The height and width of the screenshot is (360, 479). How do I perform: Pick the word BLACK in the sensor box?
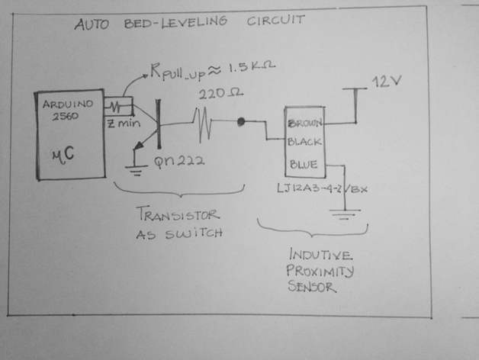pos(305,142)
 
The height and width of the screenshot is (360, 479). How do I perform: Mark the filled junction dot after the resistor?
pos(241,121)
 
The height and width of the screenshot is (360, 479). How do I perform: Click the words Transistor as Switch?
pos(178,223)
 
